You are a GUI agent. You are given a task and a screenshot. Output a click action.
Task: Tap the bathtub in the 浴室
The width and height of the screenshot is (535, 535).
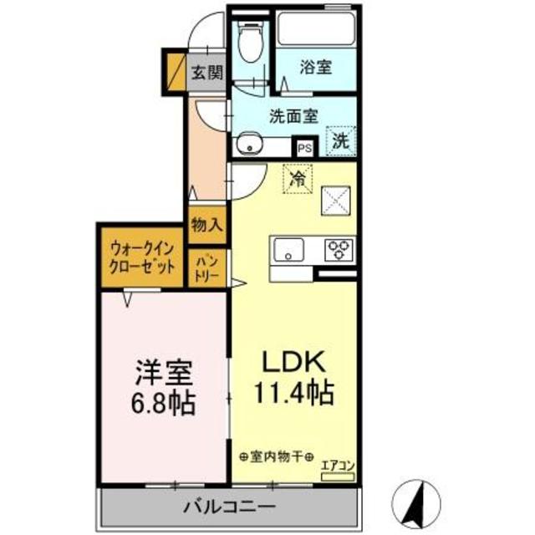[316, 28]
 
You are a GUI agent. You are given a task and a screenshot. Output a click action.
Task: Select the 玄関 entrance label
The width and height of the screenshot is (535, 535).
[206, 73]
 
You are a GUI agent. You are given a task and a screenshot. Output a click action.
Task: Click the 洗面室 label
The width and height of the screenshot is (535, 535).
[293, 116]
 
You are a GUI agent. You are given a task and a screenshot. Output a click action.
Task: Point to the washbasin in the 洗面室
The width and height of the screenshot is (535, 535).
[250, 145]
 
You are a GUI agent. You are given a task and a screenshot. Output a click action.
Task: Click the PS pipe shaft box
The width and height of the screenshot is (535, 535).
[304, 149]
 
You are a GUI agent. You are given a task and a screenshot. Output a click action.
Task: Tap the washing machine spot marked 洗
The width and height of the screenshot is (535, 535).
[341, 141]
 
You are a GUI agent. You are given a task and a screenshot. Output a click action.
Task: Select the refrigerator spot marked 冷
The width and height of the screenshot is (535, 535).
[298, 179]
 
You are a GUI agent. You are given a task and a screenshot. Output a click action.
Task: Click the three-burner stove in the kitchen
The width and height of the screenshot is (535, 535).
[339, 250]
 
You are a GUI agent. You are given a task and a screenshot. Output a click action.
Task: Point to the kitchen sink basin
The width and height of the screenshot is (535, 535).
[289, 250]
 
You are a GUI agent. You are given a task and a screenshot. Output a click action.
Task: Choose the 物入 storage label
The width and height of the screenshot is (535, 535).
[207, 225]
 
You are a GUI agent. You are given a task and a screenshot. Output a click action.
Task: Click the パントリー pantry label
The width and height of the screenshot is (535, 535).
[206, 268]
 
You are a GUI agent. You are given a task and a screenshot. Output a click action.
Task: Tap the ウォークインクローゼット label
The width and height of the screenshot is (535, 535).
[141, 258]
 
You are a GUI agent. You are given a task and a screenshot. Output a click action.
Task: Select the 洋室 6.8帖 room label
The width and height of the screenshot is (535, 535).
[163, 388]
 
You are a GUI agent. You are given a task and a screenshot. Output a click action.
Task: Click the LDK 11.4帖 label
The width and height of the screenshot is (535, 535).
[293, 377]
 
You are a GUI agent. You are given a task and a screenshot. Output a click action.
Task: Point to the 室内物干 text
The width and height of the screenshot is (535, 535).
[277, 456]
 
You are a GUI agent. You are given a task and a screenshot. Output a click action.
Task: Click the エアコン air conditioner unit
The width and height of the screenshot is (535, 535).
[338, 476]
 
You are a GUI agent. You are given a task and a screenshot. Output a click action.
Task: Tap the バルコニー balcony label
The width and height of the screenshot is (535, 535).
[229, 507]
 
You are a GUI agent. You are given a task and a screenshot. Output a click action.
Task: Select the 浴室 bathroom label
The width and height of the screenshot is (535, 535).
[316, 67]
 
